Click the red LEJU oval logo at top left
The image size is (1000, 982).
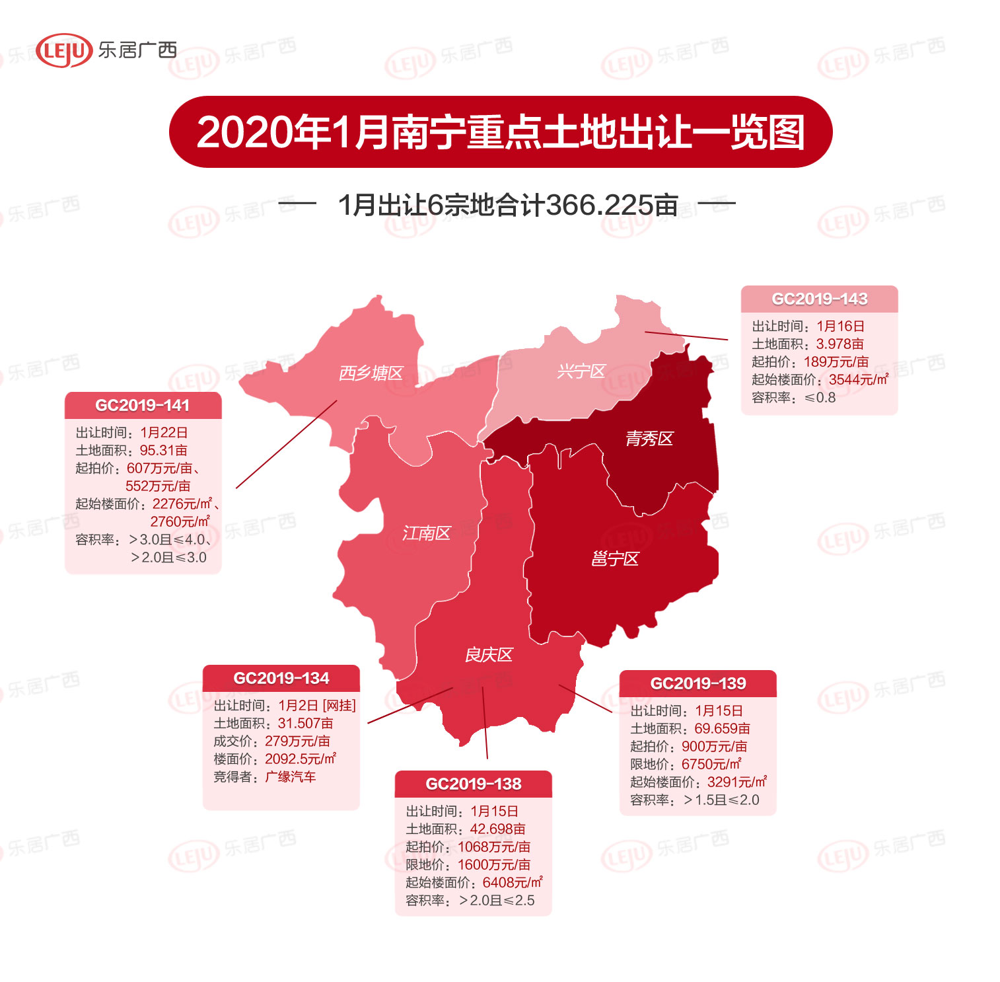63,51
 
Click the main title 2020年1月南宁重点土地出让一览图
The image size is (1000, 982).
500,132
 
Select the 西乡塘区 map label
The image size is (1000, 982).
371,373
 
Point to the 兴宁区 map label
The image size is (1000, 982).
581,371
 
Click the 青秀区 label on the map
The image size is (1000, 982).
649,439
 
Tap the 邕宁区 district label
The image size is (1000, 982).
615,559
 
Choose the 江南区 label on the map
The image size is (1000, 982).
426,533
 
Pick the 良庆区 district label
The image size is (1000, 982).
489,655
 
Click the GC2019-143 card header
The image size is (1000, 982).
819,299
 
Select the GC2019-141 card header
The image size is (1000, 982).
143,406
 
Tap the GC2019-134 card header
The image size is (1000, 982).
281,679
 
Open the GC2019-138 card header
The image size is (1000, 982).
474,784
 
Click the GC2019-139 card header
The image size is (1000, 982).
698,684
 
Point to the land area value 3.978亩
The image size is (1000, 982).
839,344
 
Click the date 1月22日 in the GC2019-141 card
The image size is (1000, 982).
164,433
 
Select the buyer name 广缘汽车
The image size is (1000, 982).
290,777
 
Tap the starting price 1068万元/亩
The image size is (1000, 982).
493,847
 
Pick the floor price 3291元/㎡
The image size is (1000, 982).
736,782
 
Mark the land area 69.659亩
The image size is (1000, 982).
722,729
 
